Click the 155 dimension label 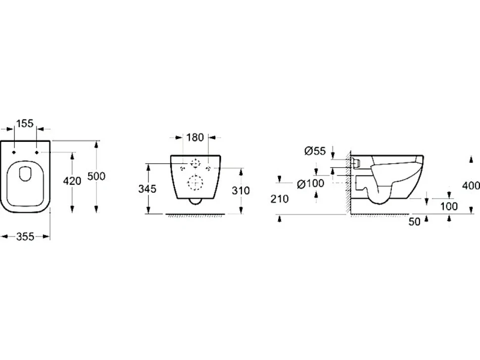coord(24,124)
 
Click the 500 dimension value coord(96,176)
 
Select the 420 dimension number coord(72,181)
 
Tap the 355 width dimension coord(25,236)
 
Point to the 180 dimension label coord(195,137)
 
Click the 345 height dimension coord(147,189)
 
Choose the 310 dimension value coord(240,191)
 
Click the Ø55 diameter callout coord(315,150)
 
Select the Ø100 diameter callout coord(310,183)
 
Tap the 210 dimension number coord(280,199)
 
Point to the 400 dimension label coord(471,185)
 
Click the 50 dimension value coord(415,222)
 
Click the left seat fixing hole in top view coord(14,152)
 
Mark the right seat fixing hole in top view coord(37,152)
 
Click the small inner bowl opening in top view coord(25,174)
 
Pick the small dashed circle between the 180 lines coord(195,163)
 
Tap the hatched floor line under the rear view coord(195,215)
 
